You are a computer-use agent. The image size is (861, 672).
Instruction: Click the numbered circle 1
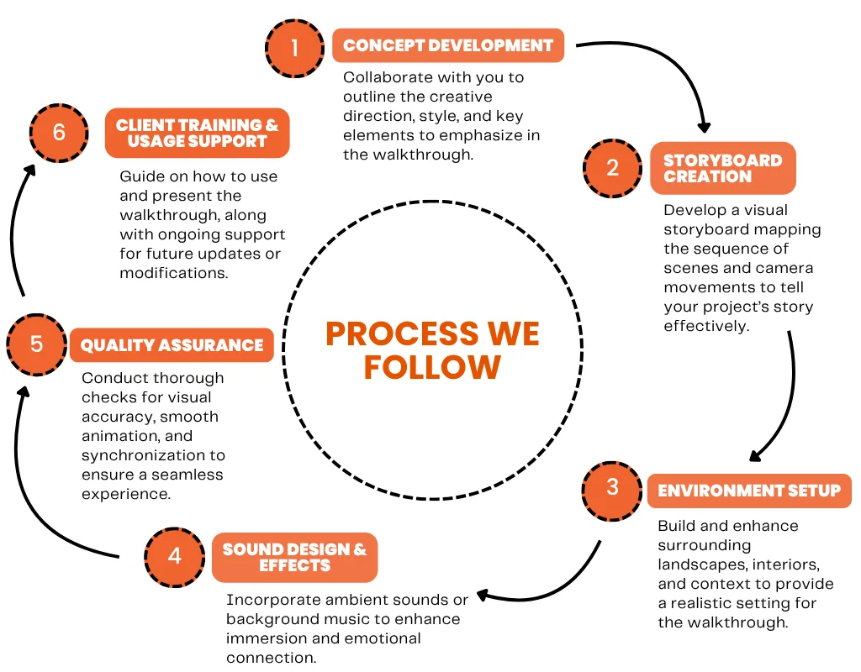(295, 48)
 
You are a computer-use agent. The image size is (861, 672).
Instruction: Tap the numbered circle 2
(612, 168)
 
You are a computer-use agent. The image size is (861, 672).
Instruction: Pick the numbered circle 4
(175, 557)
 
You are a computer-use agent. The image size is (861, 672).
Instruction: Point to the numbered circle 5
(37, 344)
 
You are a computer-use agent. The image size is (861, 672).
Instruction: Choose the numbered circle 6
(59, 133)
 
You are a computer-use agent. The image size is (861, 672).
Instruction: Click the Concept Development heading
(448, 45)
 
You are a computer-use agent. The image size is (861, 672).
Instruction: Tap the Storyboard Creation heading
(722, 168)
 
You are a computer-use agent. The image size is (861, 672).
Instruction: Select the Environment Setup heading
(749, 491)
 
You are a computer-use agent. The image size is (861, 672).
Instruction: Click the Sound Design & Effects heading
(295, 558)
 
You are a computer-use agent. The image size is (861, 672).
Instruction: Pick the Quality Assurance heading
(172, 345)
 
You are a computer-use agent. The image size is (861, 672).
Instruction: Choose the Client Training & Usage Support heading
(197, 133)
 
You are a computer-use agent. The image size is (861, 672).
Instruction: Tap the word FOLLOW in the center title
(432, 367)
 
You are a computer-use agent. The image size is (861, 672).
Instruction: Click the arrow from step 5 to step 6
(13, 230)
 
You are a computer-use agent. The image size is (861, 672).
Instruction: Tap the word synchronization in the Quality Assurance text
(153, 456)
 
